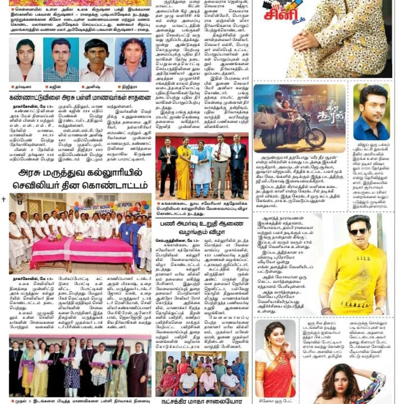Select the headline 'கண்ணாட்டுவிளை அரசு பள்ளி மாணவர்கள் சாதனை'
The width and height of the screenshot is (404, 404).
pos(80,97)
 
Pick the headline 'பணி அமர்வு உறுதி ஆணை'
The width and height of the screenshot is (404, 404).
pos(202,224)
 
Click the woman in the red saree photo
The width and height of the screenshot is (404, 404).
pos(275,359)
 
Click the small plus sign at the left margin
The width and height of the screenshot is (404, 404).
pos(4,199)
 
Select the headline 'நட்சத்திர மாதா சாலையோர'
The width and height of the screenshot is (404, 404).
pos(202,400)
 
